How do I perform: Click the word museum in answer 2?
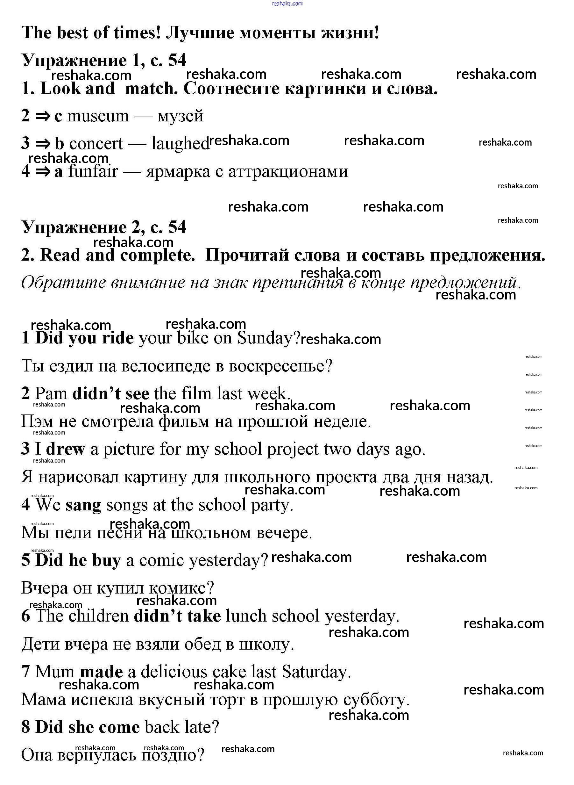98,116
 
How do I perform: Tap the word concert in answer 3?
96,144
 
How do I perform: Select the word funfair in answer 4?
93,171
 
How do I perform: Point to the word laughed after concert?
180,144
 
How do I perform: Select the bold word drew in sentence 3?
65,449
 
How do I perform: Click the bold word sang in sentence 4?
83,505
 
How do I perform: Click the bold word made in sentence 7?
101,672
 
